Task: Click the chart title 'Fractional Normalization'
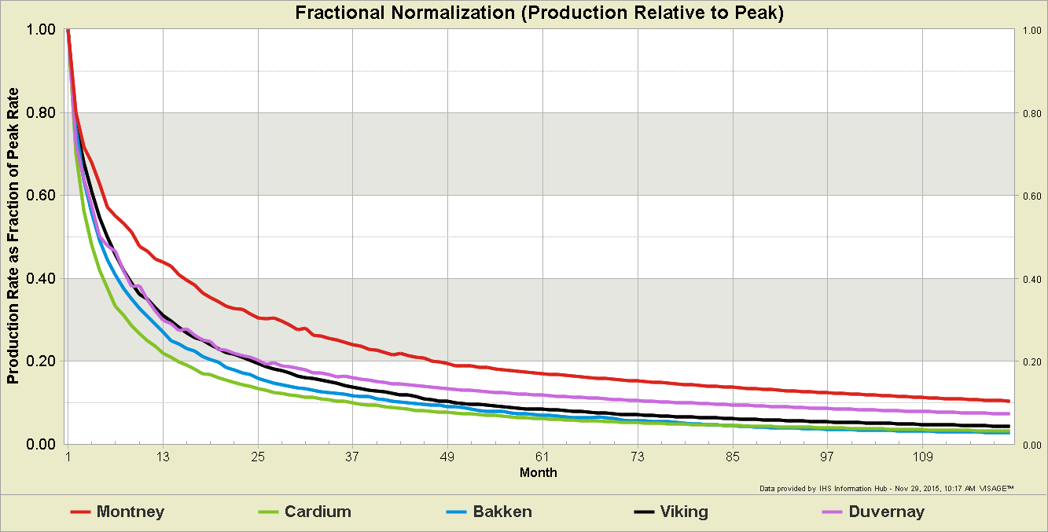pyautogui.click(x=539, y=13)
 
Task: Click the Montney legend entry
pyautogui.click(x=130, y=512)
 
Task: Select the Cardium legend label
pyautogui.click(x=318, y=512)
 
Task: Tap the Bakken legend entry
pyautogui.click(x=502, y=512)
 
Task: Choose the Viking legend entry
pyautogui.click(x=682, y=512)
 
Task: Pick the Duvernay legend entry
pyautogui.click(x=886, y=512)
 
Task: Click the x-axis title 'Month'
pyautogui.click(x=539, y=472)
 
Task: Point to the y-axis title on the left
pyautogui.click(x=13, y=236)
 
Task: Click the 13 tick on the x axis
pyautogui.click(x=164, y=457)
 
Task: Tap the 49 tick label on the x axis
pyautogui.click(x=447, y=457)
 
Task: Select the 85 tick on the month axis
pyautogui.click(x=733, y=457)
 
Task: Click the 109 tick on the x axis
pyautogui.click(x=922, y=457)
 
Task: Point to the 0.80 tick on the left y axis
pyautogui.click(x=41, y=112)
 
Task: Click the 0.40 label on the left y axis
pyautogui.click(x=41, y=278)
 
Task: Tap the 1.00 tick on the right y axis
pyautogui.click(x=1031, y=30)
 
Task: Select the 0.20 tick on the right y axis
pyautogui.click(x=1031, y=361)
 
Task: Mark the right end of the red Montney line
pyautogui.click(x=1008, y=401)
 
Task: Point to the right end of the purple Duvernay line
pyautogui.click(x=1008, y=413)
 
